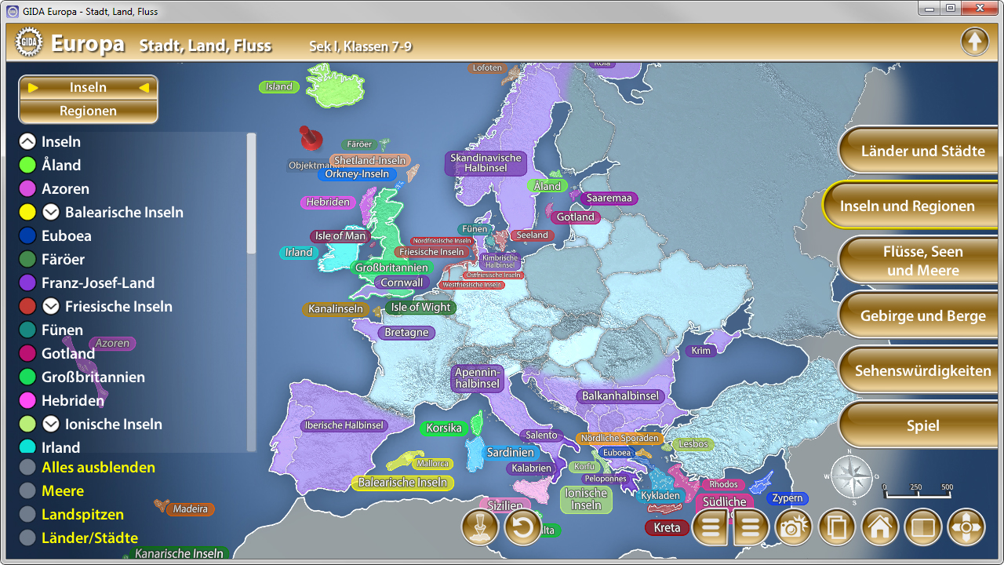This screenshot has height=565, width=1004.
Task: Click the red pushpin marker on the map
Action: pyautogui.click(x=311, y=138)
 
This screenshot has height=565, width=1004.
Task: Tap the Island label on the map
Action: pyautogui.click(x=279, y=87)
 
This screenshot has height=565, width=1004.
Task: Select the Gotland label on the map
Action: pyautogui.click(x=576, y=217)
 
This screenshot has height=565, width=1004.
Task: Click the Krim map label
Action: pyautogui.click(x=701, y=351)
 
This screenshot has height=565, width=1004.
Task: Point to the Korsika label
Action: pyautogui.click(x=444, y=428)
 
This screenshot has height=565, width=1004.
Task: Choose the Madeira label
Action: pyautogui.click(x=191, y=509)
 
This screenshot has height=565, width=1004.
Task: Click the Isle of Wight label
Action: pyautogui.click(x=420, y=308)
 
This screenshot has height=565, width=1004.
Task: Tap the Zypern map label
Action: pyautogui.click(x=788, y=498)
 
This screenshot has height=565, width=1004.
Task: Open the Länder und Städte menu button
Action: pyautogui.click(x=922, y=151)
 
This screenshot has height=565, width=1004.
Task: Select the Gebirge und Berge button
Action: pyautogui.click(x=922, y=316)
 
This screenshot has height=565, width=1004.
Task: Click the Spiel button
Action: pyautogui.click(x=922, y=426)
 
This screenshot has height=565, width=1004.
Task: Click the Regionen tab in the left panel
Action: pyautogui.click(x=88, y=111)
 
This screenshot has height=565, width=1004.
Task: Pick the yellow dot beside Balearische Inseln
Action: pyautogui.click(x=27, y=212)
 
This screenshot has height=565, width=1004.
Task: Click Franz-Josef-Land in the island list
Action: pyautogui.click(x=98, y=282)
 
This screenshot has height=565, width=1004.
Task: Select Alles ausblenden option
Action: pyautogui.click(x=98, y=468)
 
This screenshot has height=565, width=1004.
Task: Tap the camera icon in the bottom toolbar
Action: pyautogui.click(x=793, y=527)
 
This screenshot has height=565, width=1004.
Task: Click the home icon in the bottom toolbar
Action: pyautogui.click(x=879, y=527)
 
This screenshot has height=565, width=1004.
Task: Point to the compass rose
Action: pyautogui.click(x=851, y=476)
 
